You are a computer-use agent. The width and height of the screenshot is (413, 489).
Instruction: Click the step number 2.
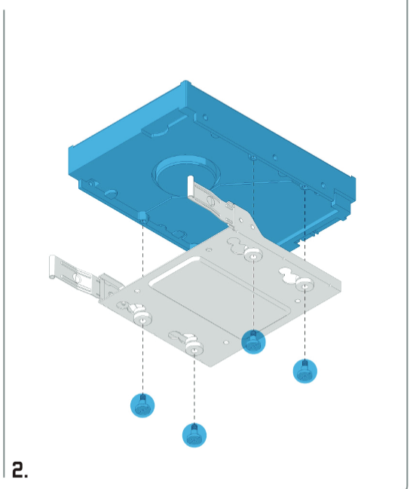tap(20, 469)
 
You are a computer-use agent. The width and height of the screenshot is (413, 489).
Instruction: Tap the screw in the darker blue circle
tap(253, 342)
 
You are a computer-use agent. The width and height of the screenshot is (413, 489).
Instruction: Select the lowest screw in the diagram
tap(194, 435)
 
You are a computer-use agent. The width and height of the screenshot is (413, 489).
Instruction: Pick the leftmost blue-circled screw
tap(142, 405)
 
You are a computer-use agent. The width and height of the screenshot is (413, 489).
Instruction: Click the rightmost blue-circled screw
tap(304, 371)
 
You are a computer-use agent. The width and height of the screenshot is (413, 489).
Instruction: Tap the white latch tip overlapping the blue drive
tap(190, 186)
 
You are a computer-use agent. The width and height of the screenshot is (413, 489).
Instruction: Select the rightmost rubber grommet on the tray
tap(304, 286)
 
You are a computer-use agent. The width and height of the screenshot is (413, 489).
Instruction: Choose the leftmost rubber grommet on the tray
tap(143, 319)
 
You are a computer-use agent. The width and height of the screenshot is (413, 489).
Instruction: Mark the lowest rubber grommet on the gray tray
tap(194, 349)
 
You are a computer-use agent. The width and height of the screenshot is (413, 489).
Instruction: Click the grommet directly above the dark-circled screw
tap(253, 255)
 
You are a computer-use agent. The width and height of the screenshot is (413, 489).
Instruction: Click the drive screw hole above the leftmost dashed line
tap(143, 221)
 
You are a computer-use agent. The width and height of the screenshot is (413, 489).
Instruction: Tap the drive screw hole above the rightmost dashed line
tap(304, 187)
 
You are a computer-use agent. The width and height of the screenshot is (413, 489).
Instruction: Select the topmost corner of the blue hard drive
tap(186, 81)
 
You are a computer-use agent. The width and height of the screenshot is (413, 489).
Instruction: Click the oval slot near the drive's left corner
tap(111, 194)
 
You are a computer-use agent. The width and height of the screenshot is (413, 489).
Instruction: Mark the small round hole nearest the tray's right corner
tap(298, 301)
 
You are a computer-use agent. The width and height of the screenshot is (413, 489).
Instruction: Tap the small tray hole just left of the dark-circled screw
tap(226, 342)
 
